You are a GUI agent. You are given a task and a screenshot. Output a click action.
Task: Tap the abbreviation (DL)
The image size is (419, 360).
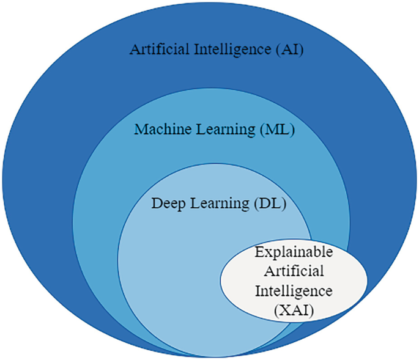pos(268,204)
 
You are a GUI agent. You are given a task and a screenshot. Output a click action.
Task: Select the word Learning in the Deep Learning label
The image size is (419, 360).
pos(217,204)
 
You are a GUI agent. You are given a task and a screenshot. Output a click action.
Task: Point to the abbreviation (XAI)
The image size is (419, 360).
pos(293,311)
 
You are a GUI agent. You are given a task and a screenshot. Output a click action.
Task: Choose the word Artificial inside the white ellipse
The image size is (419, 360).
pos(293,272)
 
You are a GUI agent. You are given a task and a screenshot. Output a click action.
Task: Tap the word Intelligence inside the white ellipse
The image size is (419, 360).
pos(293,292)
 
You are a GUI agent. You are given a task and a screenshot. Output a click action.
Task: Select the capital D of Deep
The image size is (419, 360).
pos(155,204)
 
